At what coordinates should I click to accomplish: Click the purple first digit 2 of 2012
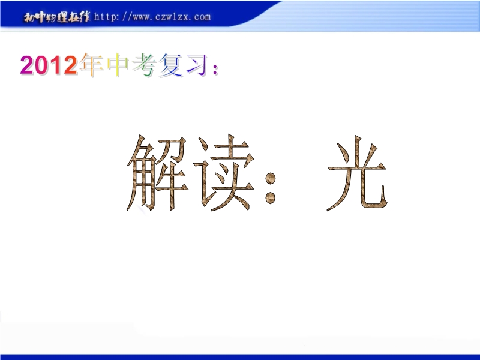pyautogui.click(x=26, y=65)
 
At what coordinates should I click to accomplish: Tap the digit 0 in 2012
pyautogui.click(x=41, y=65)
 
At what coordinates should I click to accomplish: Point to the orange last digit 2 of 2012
pyautogui.click(x=70, y=65)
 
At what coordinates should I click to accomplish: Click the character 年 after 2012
pyautogui.click(x=91, y=65)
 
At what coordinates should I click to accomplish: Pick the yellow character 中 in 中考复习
pyautogui.click(x=118, y=65)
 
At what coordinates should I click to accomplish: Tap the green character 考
pyautogui.click(x=144, y=65)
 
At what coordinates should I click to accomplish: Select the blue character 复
pyautogui.click(x=170, y=65)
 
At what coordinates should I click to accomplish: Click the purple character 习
pyautogui.click(x=197, y=65)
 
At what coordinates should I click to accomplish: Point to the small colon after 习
pyautogui.click(x=215, y=69)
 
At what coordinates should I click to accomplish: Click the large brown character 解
pyautogui.click(x=157, y=173)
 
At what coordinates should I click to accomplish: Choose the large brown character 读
pyautogui.click(x=224, y=173)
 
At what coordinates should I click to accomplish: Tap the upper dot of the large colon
pyautogui.click(x=271, y=178)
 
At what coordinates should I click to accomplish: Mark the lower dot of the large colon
pyautogui.click(x=271, y=198)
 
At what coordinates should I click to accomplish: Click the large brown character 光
pyautogui.click(x=358, y=173)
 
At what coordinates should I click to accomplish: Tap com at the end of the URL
pyautogui.click(x=202, y=17)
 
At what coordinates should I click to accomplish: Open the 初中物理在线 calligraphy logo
pyautogui.click(x=57, y=17)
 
